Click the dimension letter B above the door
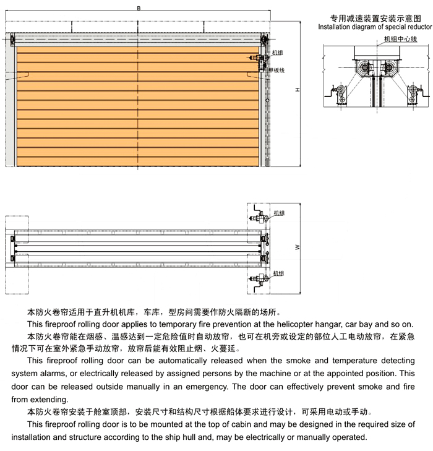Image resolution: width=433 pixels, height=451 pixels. [x=139, y=7]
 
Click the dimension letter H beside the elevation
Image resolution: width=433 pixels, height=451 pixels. [x=298, y=90]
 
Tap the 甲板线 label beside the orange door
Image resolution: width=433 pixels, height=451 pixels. [x=277, y=70]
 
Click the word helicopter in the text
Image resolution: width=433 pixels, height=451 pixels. [x=271, y=324]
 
